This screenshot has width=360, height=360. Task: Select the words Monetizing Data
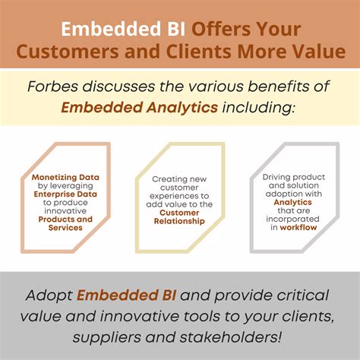[x=65, y=176]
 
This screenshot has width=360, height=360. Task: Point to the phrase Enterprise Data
[x=65, y=193]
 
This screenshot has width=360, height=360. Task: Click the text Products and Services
[x=65, y=223]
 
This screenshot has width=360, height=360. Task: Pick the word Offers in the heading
[x=217, y=30]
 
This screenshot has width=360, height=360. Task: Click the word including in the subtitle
[x=255, y=109]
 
